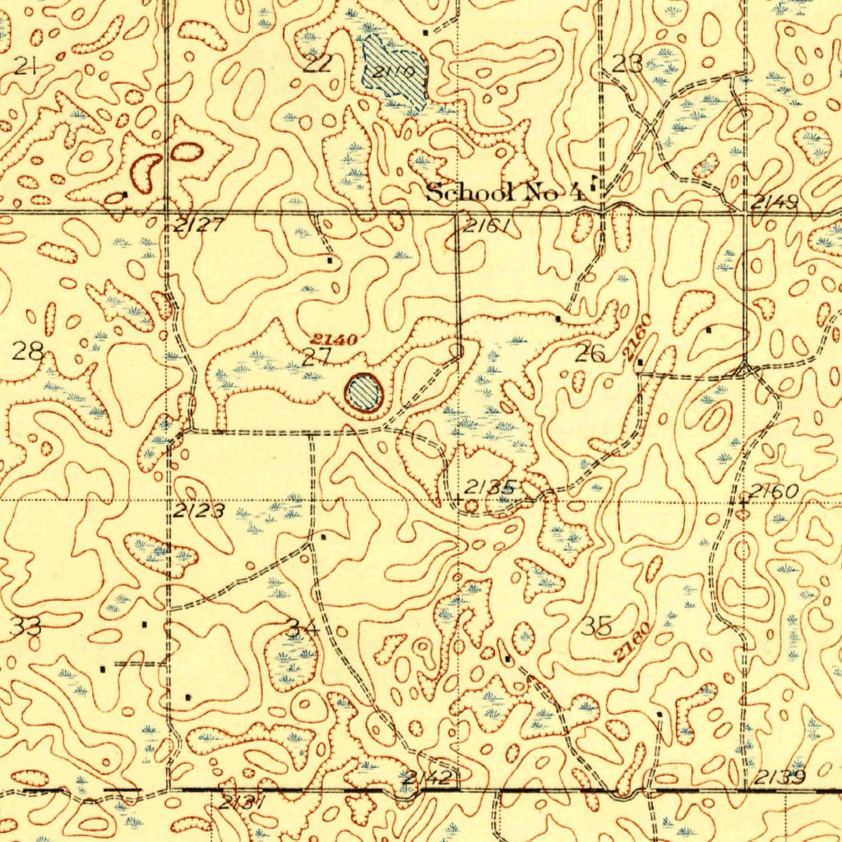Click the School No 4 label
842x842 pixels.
[505, 193]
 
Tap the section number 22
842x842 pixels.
[317, 64]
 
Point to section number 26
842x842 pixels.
[590, 354]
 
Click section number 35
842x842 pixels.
[596, 626]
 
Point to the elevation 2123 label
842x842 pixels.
[198, 511]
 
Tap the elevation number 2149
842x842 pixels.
[774, 201]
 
